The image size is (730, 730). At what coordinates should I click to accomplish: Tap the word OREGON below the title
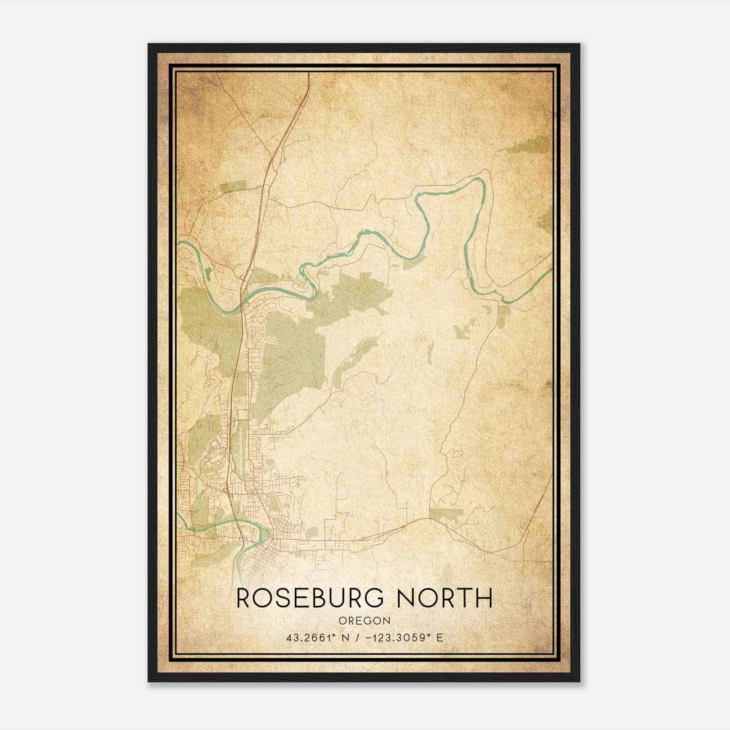click(x=365, y=621)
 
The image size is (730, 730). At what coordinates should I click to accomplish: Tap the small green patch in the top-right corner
click(x=529, y=145)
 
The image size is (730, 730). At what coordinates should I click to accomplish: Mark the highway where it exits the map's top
click(x=309, y=75)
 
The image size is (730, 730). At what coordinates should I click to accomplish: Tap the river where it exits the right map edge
click(x=550, y=270)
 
